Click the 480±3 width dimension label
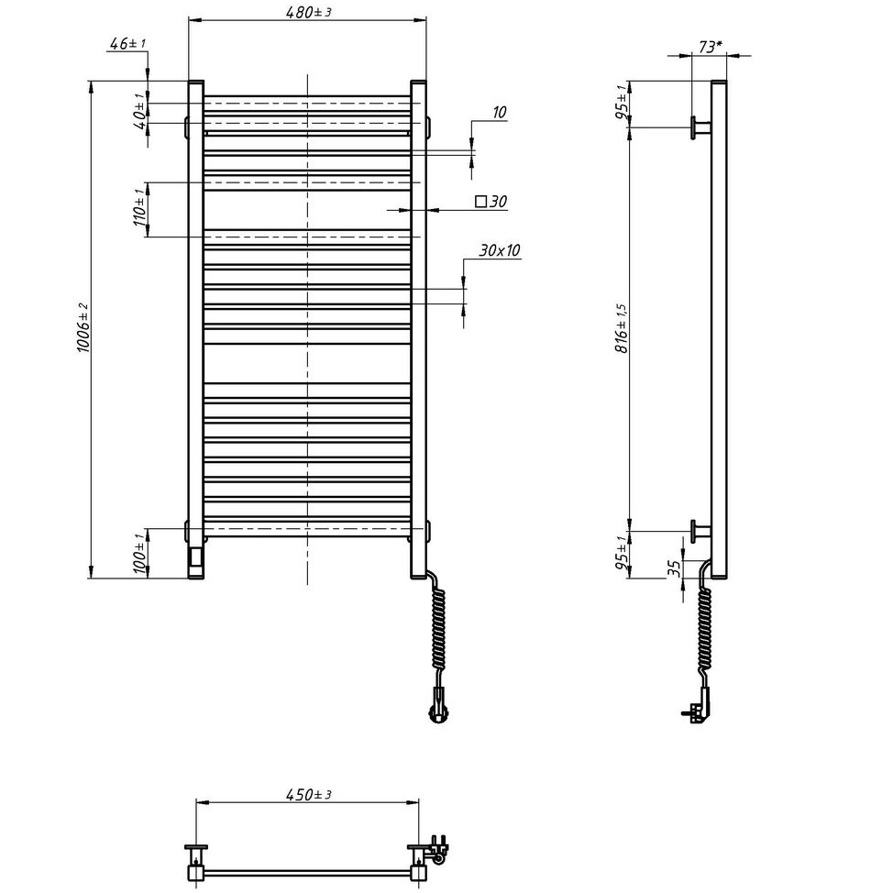point(308,11)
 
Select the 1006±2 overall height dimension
point(83,327)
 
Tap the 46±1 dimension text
point(127,43)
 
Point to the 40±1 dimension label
point(139,112)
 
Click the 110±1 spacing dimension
point(139,207)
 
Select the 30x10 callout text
point(500,250)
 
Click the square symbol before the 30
point(481,201)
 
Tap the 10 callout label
point(499,112)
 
